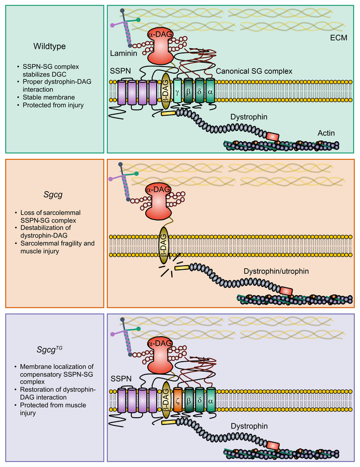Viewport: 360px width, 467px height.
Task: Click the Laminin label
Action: tap(123, 53)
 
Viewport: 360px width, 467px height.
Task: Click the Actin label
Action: tap(326, 133)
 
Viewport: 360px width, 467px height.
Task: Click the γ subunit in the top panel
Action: tap(177, 85)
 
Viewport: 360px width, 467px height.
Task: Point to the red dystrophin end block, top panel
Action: tap(272, 136)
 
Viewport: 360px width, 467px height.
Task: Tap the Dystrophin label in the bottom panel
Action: tap(251, 426)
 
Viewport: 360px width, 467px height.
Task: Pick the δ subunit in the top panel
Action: tap(199, 85)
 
